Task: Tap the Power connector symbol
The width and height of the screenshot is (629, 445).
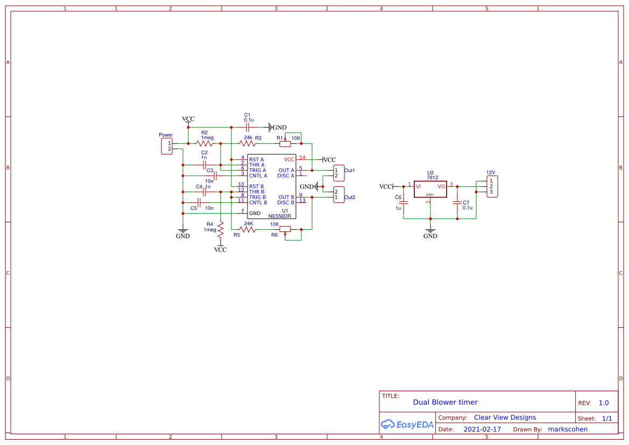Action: point(167,146)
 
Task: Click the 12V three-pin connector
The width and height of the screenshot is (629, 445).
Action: point(492,186)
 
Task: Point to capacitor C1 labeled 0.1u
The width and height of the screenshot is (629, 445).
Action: point(248,128)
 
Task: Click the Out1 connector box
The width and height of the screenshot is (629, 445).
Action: point(338,173)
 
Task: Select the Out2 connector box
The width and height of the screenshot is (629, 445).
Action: point(338,194)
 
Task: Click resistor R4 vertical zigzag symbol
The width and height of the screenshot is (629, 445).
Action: point(221,230)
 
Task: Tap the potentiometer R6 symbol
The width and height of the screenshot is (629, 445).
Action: point(285,229)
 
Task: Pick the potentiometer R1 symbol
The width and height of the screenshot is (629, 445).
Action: point(285,143)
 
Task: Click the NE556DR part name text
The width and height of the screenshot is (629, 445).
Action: point(280,216)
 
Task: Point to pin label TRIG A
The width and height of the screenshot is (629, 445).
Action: point(257,170)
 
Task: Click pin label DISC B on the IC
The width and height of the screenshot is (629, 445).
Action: point(286,202)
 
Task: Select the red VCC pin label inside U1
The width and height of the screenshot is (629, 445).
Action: point(289,159)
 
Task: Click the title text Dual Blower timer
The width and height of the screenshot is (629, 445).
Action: point(445,402)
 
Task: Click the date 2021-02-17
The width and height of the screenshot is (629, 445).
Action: point(482,429)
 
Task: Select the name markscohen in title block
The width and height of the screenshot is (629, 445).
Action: point(568,429)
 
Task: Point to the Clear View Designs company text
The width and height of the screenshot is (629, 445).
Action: point(505,417)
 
